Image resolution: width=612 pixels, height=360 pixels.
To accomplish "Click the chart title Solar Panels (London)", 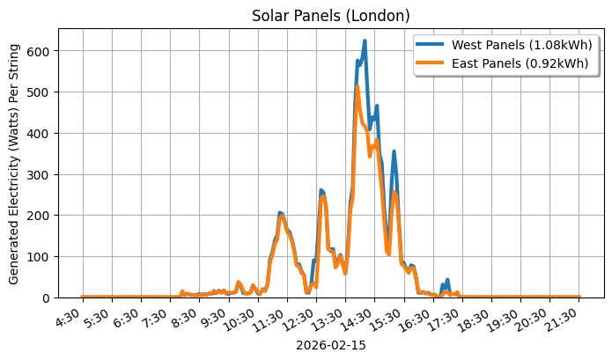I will click(330, 15).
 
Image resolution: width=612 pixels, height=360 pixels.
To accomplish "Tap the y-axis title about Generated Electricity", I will click(14, 163).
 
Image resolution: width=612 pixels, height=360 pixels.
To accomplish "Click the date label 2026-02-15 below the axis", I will click(330, 346).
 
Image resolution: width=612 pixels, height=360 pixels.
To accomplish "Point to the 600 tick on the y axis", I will click(40, 51).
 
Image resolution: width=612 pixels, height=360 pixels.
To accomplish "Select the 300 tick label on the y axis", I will click(40, 174).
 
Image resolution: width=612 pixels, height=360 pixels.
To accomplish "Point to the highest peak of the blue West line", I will click(365, 40).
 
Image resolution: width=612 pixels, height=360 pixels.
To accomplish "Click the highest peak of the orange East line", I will click(357, 86).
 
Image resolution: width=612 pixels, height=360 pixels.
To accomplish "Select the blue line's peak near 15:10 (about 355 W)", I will click(394, 151).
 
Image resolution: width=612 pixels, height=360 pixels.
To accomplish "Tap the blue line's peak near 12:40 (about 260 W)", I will click(321, 190).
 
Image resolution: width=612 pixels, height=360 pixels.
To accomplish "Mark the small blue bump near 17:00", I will click(447, 281).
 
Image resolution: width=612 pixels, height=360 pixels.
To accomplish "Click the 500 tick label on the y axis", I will click(40, 92).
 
